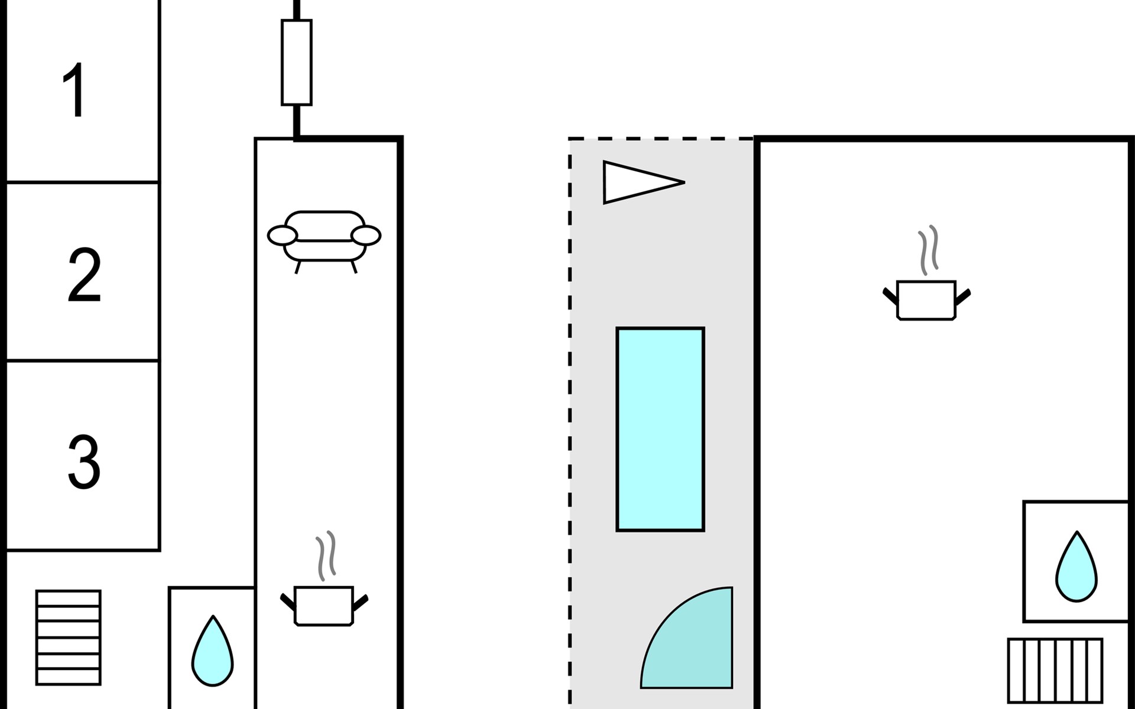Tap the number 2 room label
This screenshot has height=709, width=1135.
[x=84, y=275]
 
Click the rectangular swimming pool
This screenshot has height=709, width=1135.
[x=660, y=429]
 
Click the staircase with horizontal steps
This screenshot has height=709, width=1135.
[x=69, y=638]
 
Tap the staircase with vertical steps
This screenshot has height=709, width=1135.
[x=1055, y=671]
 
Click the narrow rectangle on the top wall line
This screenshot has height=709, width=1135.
[x=297, y=62]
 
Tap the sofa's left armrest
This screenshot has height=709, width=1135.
[x=283, y=236]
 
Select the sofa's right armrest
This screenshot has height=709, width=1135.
[x=366, y=236]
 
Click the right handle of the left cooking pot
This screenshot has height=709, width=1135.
[x=361, y=602]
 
